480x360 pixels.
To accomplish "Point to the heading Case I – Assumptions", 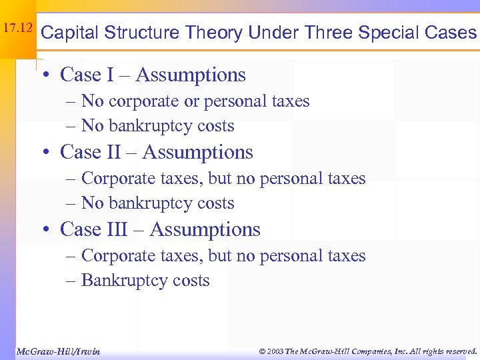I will (x=153, y=75).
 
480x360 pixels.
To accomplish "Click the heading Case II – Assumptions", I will (x=157, y=152).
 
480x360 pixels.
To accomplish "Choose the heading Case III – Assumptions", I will (x=160, y=229).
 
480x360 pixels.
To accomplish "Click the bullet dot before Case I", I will (x=45, y=75).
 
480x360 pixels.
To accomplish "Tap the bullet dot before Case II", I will (x=45, y=153).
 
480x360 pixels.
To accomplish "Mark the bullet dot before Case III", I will (x=45, y=230).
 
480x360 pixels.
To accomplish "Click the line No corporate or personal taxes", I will (x=195, y=101).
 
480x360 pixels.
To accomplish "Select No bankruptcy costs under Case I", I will (x=157, y=126).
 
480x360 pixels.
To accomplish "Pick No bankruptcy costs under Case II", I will (x=157, y=203).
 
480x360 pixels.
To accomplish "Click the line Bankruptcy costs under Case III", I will (x=145, y=281).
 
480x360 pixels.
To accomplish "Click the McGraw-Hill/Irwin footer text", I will (x=57, y=351).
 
